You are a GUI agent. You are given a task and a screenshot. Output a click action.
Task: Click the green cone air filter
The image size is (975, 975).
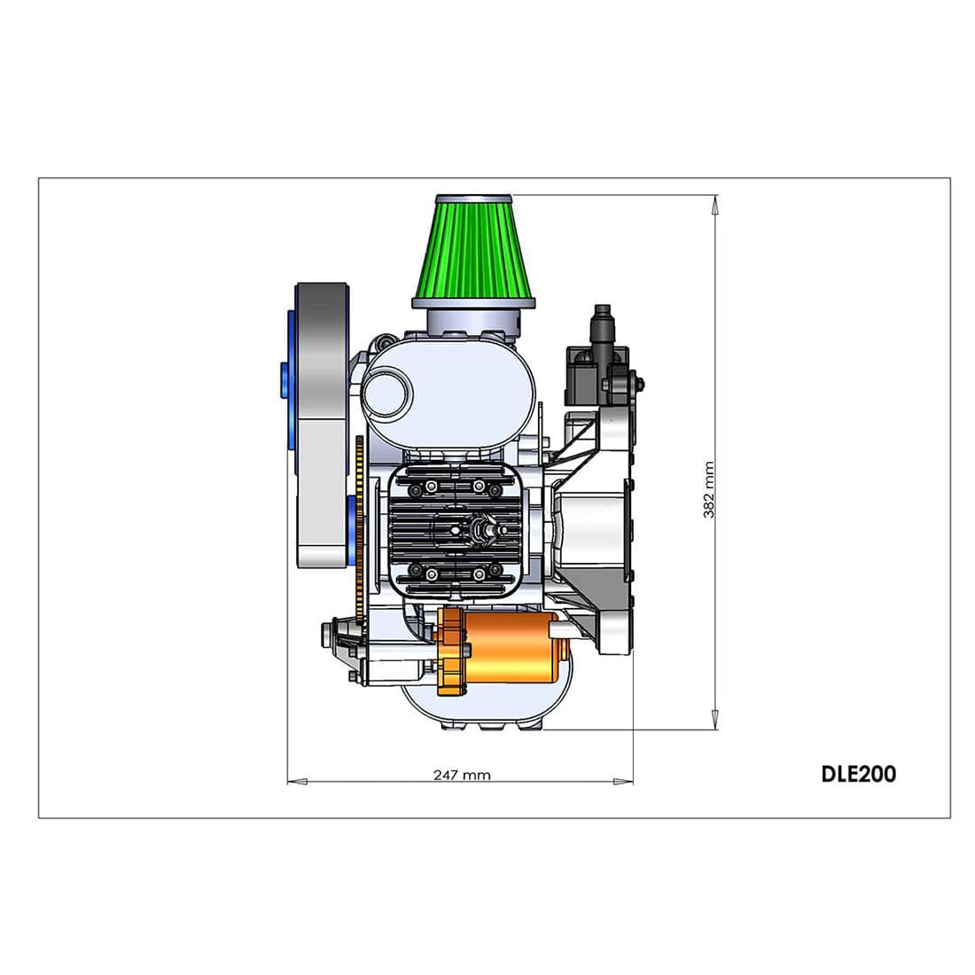[x=473, y=249]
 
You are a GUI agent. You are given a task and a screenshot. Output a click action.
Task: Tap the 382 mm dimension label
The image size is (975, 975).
[x=709, y=489]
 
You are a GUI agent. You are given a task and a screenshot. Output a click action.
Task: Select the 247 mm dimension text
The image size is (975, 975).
[x=462, y=775]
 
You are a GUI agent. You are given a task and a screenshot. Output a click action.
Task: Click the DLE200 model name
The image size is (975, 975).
[x=858, y=774]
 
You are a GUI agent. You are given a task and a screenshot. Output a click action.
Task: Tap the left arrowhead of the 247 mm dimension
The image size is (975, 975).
[x=297, y=782]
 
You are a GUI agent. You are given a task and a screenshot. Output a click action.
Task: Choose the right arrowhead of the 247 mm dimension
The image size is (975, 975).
[x=623, y=782]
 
